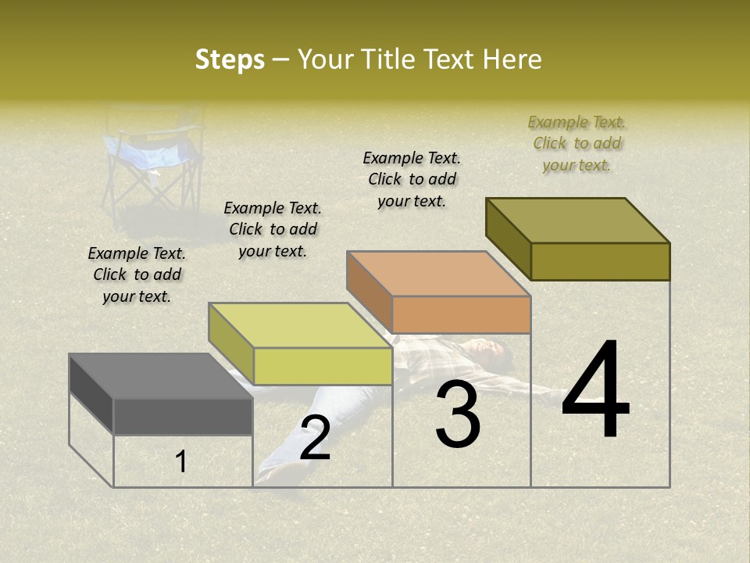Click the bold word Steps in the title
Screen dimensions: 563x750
click(x=229, y=59)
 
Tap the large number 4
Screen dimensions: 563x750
click(x=595, y=391)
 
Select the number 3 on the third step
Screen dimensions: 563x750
click(x=458, y=414)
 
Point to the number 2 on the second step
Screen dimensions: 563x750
click(x=315, y=438)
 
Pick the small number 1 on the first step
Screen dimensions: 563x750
click(x=181, y=462)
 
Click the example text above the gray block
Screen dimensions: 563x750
click(x=137, y=274)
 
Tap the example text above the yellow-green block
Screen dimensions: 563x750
click(x=273, y=229)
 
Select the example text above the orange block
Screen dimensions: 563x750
click(x=412, y=179)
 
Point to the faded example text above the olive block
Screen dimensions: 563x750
click(x=577, y=143)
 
